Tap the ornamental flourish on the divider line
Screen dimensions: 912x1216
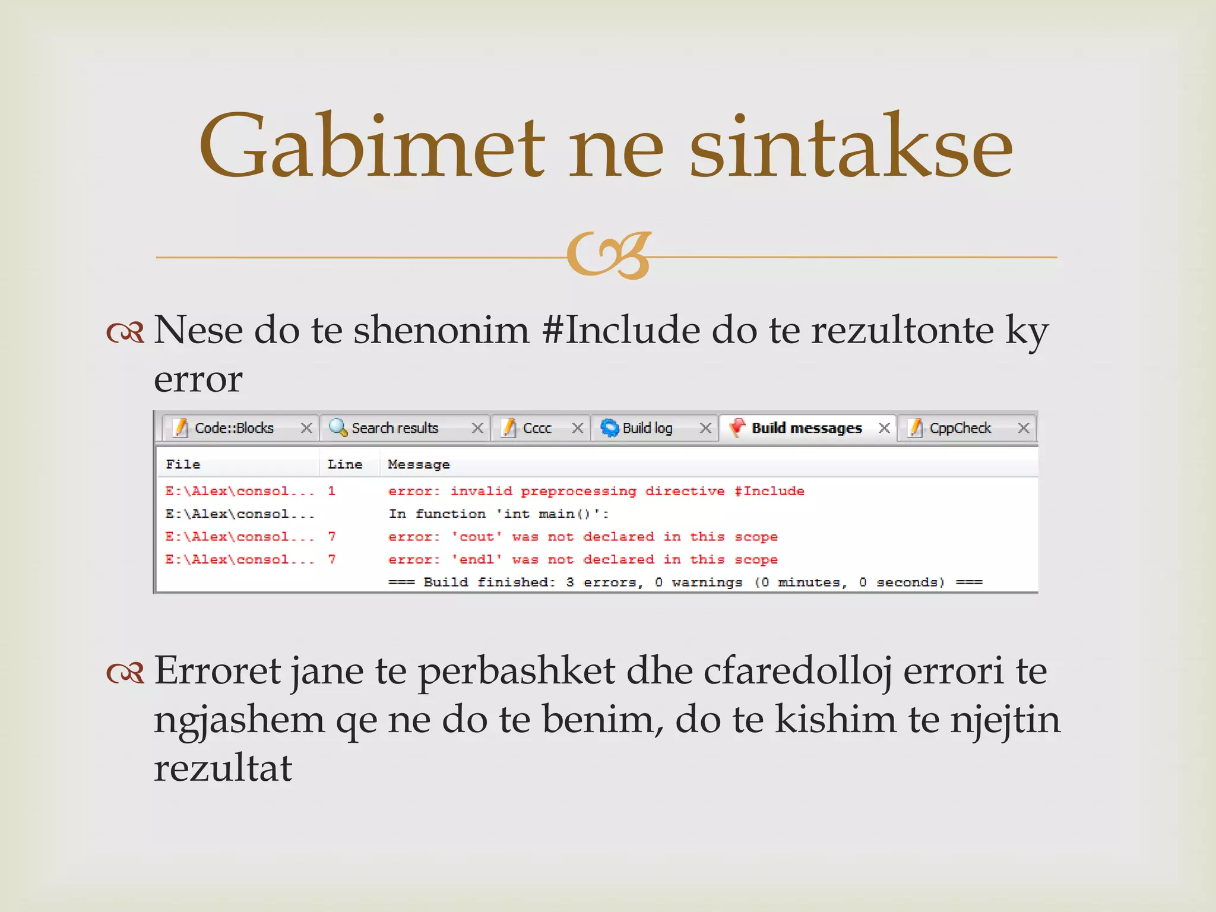coord(609,255)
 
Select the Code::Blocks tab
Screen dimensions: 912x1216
coord(234,428)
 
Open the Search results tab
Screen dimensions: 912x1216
coord(394,428)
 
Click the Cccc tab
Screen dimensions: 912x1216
coord(537,428)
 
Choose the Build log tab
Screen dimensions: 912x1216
coord(647,428)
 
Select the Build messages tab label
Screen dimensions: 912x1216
coord(806,428)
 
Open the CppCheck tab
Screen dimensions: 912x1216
coord(959,428)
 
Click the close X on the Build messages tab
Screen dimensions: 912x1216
coord(884,428)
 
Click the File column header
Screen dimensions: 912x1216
coord(183,464)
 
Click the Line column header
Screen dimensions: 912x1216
coord(344,464)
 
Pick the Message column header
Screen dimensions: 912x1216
coord(419,464)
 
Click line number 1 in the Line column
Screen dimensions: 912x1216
coord(331,491)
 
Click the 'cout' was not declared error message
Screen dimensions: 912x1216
coord(582,537)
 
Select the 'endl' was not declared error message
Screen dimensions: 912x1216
coord(582,559)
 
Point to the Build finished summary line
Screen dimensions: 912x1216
coord(685,582)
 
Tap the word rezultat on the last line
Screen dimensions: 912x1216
coord(223,768)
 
